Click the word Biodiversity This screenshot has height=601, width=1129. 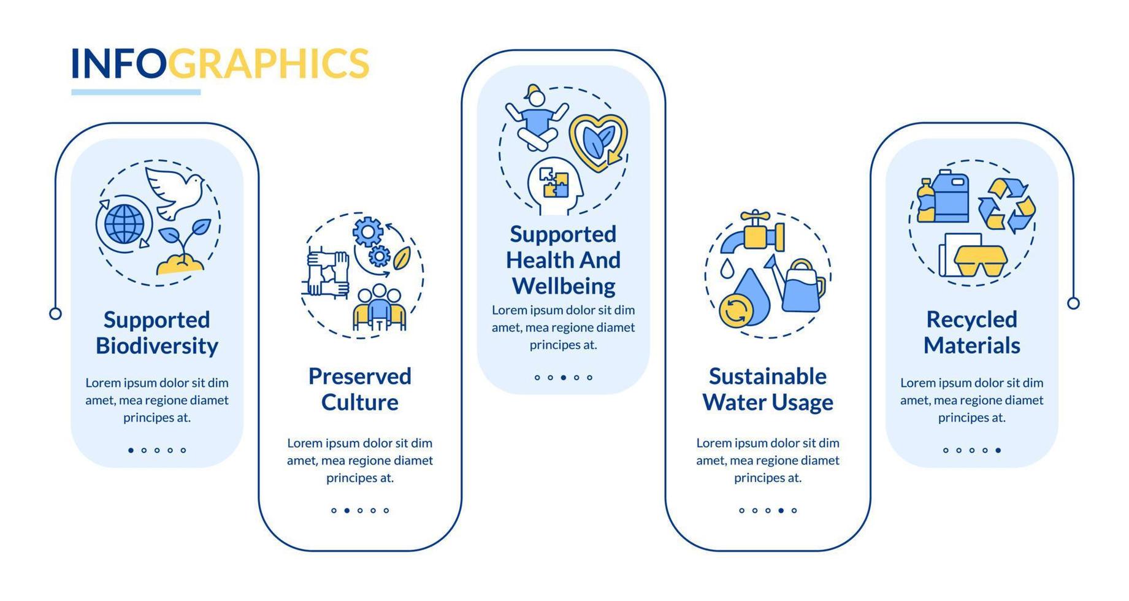(x=157, y=346)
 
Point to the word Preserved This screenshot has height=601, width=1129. (x=359, y=377)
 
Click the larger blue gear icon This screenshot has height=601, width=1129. (x=368, y=232)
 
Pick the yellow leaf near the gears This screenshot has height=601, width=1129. (x=402, y=258)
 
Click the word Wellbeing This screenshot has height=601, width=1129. (x=564, y=286)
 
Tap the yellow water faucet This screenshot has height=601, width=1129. (x=753, y=234)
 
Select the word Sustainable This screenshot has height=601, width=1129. (x=767, y=377)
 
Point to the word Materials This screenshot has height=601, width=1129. (x=971, y=346)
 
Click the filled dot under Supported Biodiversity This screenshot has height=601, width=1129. (x=131, y=450)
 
